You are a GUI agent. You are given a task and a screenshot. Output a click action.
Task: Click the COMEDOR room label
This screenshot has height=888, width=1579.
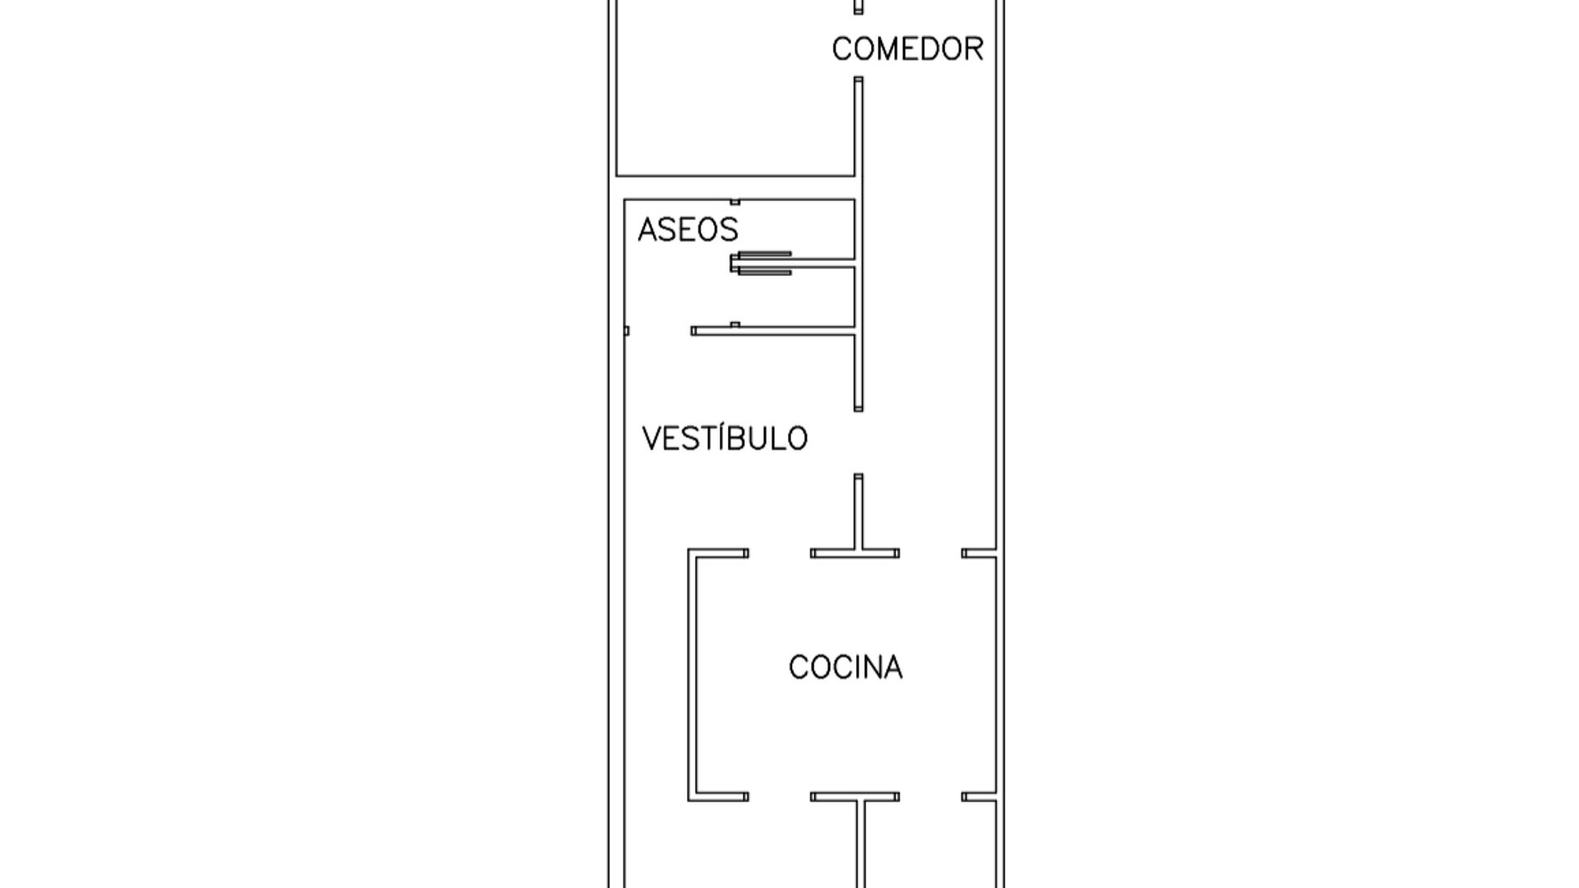pyautogui.click(x=907, y=49)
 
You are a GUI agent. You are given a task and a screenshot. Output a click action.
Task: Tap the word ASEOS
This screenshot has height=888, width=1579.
pyautogui.click(x=688, y=229)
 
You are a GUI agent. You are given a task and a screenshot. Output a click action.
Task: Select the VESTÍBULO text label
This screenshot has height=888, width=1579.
pyautogui.click(x=725, y=438)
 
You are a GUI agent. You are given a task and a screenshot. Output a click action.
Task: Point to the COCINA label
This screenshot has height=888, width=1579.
pyautogui.click(x=845, y=667)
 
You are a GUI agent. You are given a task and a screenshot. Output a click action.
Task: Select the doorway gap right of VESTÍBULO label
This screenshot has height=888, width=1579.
pyautogui.click(x=859, y=442)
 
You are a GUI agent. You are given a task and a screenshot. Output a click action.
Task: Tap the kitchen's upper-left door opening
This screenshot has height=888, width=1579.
pyautogui.click(x=780, y=553)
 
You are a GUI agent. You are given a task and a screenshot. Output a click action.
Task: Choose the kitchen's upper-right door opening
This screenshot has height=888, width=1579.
pyautogui.click(x=931, y=553)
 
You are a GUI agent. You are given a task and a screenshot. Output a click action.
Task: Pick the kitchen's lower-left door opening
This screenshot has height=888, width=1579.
pyautogui.click(x=780, y=797)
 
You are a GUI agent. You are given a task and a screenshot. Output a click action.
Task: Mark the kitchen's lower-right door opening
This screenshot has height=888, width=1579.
pyautogui.click(x=931, y=797)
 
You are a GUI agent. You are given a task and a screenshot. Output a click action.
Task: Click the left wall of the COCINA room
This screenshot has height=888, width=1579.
pyautogui.click(x=692, y=675)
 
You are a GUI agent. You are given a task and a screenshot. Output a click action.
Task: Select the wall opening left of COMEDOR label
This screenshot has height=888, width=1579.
pyautogui.click(x=859, y=45)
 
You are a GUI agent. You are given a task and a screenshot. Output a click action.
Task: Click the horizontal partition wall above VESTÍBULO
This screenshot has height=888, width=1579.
pyautogui.click(x=773, y=331)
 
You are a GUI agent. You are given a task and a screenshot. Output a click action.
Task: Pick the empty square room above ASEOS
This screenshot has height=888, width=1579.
pyautogui.click(x=735, y=87)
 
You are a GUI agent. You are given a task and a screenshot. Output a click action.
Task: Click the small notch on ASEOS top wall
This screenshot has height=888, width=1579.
pyautogui.click(x=735, y=201)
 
